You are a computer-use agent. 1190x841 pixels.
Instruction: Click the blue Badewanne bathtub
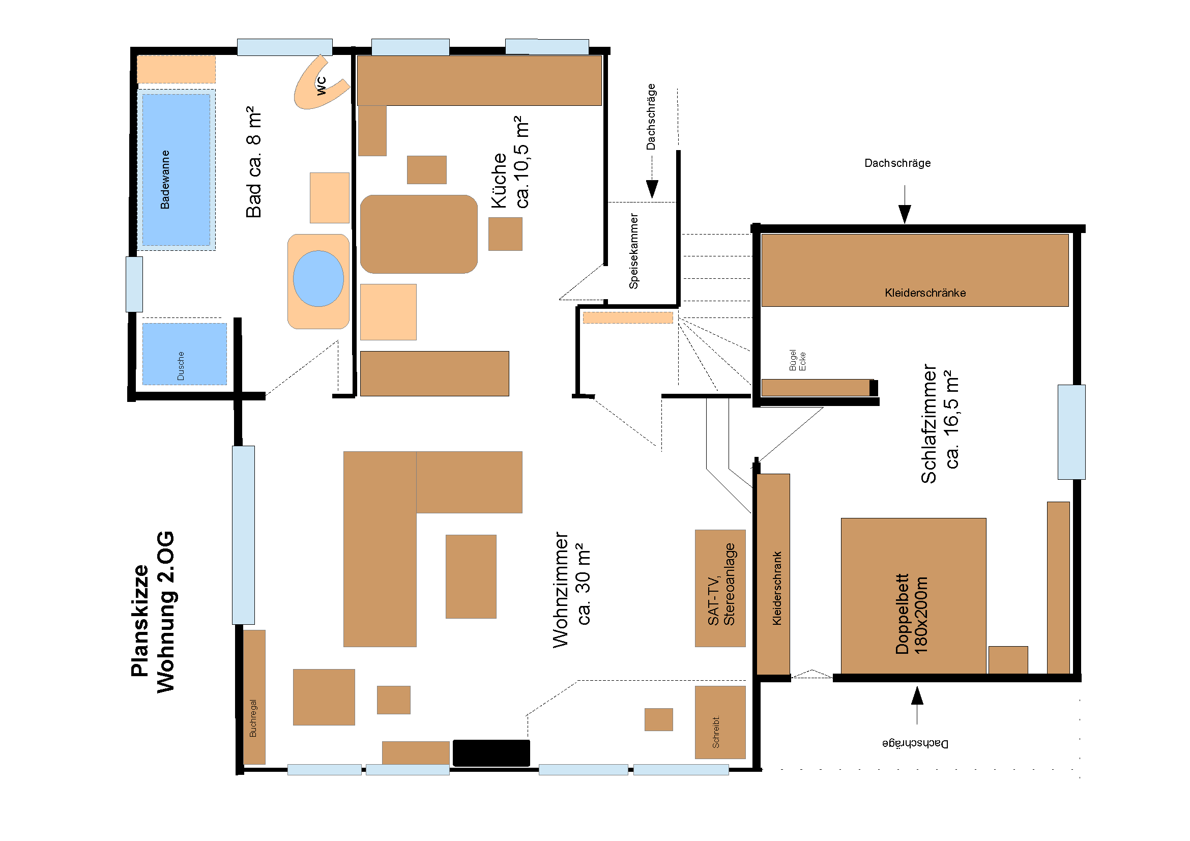coord(176,169)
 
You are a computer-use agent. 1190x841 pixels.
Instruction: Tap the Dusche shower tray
coord(185,354)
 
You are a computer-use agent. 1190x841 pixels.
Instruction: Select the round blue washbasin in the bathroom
coord(318,279)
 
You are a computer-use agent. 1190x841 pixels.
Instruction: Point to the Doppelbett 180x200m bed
coord(913,596)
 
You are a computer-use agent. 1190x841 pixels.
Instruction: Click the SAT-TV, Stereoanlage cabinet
coord(720,588)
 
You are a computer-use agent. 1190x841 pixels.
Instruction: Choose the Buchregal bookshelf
coord(254,697)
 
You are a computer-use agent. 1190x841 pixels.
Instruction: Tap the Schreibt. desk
coord(720,722)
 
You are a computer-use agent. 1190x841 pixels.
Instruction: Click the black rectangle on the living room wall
coord(491,753)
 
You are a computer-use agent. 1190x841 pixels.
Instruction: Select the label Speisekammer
coord(633,251)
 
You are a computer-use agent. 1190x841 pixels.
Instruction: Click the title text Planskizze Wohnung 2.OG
coord(153,612)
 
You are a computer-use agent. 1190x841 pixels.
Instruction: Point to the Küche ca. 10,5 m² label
coord(510,163)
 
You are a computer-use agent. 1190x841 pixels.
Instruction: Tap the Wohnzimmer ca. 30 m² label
coord(571,590)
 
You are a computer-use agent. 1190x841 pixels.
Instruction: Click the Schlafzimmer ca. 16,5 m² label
coord(939,424)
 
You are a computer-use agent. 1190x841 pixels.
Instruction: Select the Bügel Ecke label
coord(797,360)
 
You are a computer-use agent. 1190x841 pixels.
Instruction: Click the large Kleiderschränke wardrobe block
coord(915,271)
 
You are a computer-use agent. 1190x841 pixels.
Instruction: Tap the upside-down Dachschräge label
coord(915,744)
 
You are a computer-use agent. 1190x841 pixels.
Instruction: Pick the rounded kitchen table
coord(419,234)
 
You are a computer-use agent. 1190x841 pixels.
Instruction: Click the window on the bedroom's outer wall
coord(1072,432)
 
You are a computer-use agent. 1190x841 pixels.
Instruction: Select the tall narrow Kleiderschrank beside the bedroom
coord(773,574)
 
